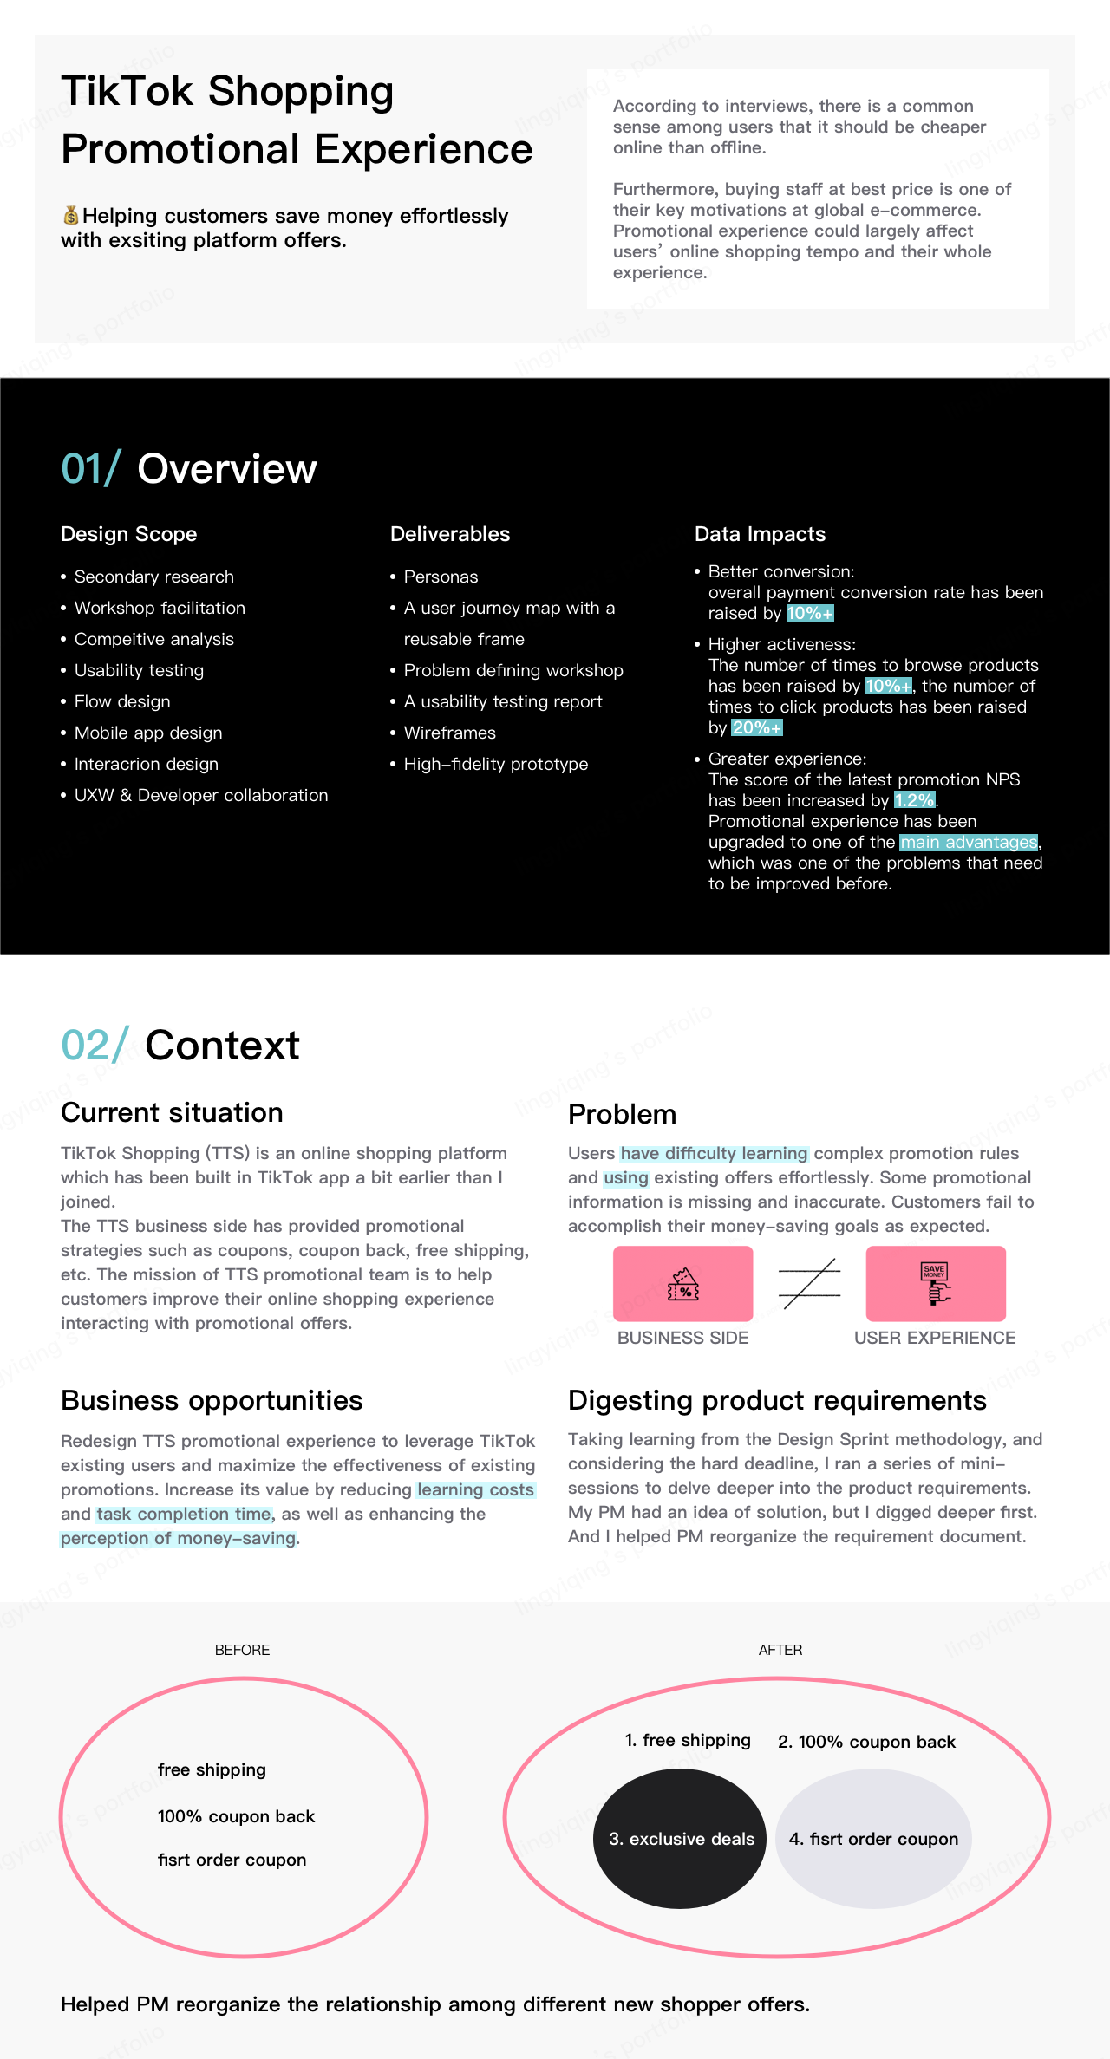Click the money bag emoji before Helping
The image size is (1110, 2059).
click(70, 215)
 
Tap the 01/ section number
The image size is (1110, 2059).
click(90, 469)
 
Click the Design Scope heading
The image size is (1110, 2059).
click(129, 534)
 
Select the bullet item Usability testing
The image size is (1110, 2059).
click(139, 670)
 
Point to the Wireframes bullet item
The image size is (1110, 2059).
click(449, 733)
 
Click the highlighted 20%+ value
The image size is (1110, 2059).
click(757, 727)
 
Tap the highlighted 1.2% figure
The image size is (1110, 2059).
click(914, 800)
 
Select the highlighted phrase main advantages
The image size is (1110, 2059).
click(970, 842)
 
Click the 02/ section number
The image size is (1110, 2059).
click(95, 1046)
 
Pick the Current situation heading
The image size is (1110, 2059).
click(172, 1112)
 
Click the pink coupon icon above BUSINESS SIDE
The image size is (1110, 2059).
click(683, 1283)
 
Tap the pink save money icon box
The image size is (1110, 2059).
click(936, 1283)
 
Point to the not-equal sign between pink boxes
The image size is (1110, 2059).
click(809, 1284)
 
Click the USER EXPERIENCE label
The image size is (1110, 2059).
click(935, 1338)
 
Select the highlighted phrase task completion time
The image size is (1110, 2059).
click(184, 1514)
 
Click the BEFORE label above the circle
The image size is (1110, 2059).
click(242, 1650)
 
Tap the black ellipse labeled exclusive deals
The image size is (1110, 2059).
click(680, 1838)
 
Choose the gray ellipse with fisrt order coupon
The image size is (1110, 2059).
click(873, 1838)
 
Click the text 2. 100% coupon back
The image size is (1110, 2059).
click(866, 1742)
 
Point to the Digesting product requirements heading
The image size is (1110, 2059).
click(777, 1400)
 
